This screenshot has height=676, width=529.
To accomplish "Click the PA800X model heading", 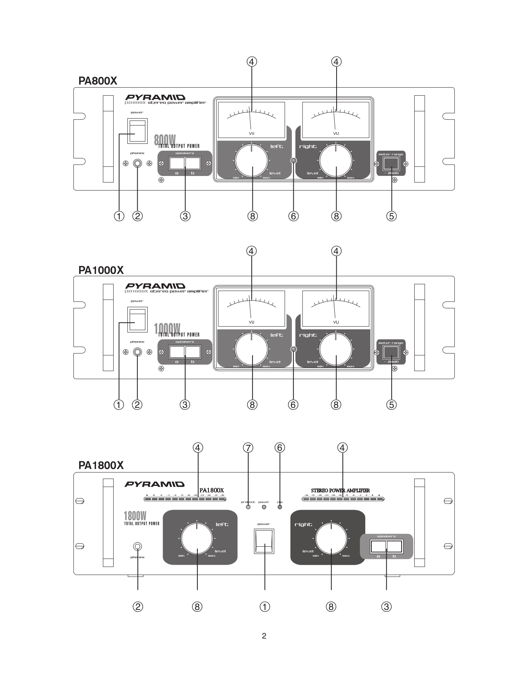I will pyautogui.click(x=98, y=81).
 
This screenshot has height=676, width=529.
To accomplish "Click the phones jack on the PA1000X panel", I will pyautogui.click(x=137, y=352).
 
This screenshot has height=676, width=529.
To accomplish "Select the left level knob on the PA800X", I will pyautogui.click(x=252, y=161).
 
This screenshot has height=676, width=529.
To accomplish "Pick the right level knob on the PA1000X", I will pyautogui.click(x=336, y=349).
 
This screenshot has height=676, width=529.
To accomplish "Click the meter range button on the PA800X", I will pyautogui.click(x=391, y=164).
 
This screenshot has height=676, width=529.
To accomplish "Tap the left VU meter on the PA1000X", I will pyautogui.click(x=251, y=308).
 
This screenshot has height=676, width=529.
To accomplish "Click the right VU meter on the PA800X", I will pyautogui.click(x=335, y=120).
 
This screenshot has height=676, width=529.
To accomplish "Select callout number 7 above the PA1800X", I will pyautogui.click(x=248, y=447).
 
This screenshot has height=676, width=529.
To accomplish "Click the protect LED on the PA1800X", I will pyautogui.click(x=248, y=507).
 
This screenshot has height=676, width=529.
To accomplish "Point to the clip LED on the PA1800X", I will pyautogui.click(x=280, y=507).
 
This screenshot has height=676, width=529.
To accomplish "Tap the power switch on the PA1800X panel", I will pyautogui.click(x=264, y=541).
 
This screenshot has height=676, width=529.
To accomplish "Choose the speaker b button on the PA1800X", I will pyautogui.click(x=394, y=546).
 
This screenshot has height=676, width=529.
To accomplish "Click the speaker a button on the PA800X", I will pyautogui.click(x=177, y=163).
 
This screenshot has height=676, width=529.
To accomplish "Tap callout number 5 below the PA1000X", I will pyautogui.click(x=391, y=404).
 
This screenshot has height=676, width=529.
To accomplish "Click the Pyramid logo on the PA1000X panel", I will pyautogui.click(x=155, y=286).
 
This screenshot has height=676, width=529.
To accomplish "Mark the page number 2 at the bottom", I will pyautogui.click(x=264, y=636).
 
